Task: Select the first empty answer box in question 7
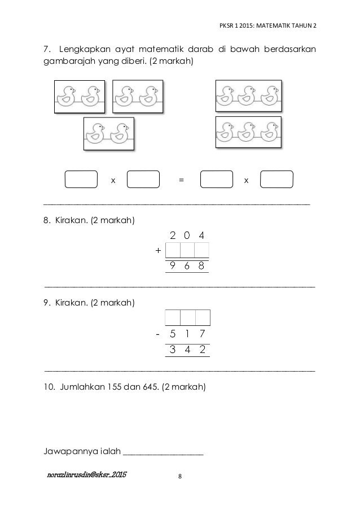[x=81, y=179]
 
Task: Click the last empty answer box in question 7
[x=277, y=179]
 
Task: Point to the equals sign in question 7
[x=181, y=180]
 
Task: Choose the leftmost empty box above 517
[x=173, y=317]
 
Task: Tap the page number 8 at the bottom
[x=180, y=477]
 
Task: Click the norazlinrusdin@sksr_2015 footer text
[x=87, y=476]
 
